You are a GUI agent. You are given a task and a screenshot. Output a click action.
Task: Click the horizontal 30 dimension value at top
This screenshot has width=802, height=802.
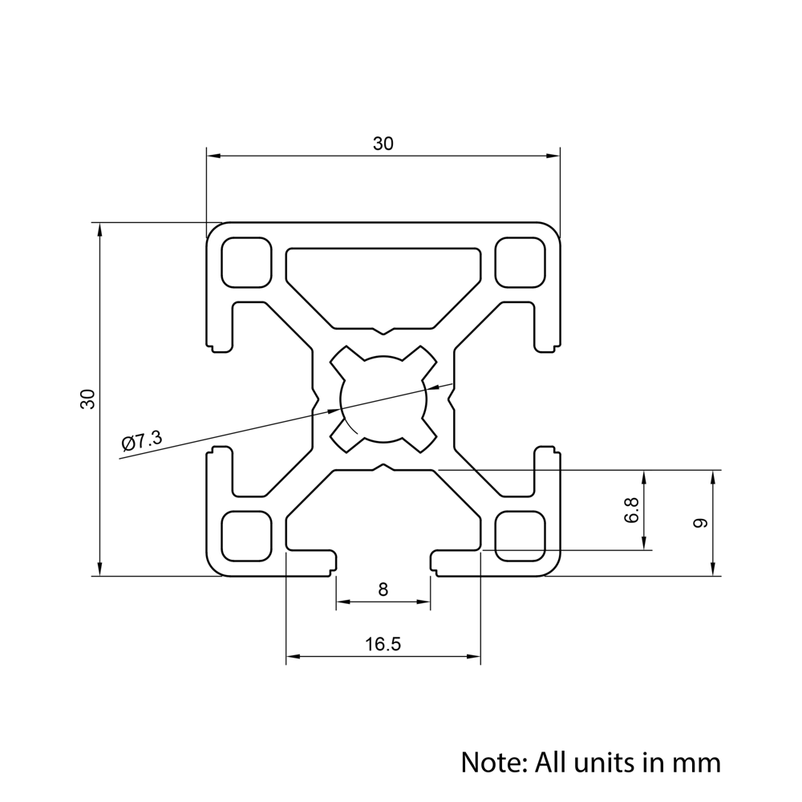383,144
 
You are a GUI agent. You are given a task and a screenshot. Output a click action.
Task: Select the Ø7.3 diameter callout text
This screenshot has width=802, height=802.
142,440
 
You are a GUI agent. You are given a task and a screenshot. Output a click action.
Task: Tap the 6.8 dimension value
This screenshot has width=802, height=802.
632,511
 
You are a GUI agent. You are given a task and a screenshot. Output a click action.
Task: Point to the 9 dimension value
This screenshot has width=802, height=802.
700,523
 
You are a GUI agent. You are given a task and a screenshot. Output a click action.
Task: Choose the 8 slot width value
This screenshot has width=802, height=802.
383,589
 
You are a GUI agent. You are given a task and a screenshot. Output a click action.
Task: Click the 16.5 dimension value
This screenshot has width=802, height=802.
383,644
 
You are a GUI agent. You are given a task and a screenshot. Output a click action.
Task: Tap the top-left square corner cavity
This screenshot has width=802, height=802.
245,262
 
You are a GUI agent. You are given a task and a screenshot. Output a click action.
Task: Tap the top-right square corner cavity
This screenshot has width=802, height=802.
520,262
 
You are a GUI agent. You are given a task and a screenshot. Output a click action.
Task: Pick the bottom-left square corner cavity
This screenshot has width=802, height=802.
245,536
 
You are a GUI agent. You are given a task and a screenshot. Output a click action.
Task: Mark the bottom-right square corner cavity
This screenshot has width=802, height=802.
520,536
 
